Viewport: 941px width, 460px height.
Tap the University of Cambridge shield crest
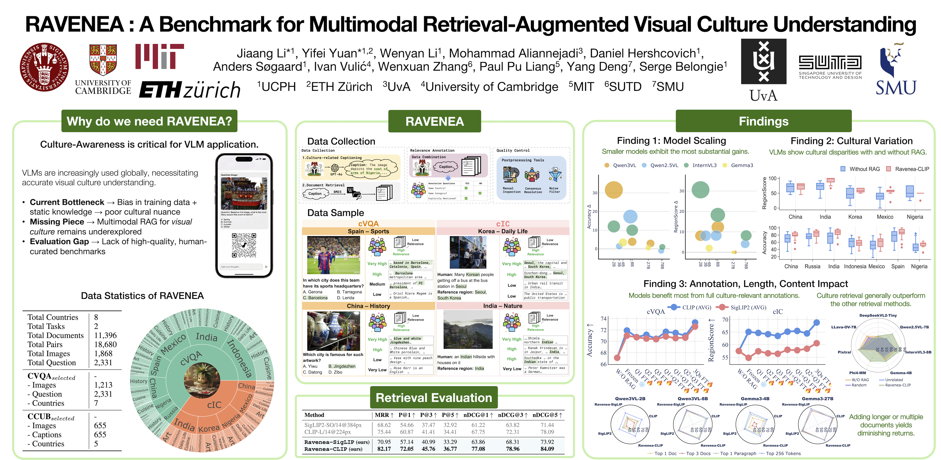point(103,59)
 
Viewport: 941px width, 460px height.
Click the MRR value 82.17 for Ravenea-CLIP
point(384,449)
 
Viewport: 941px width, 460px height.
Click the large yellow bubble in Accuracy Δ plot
point(614,190)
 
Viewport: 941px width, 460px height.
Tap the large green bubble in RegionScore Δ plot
point(700,190)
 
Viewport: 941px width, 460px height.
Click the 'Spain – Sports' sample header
point(368,231)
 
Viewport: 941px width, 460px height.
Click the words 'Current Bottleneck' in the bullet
point(67,202)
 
